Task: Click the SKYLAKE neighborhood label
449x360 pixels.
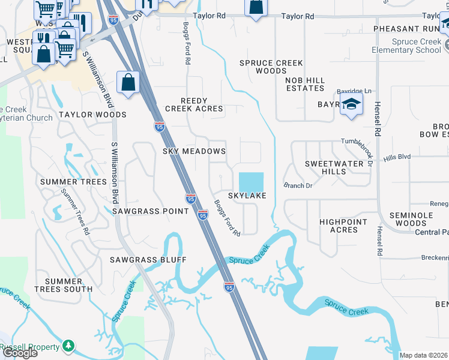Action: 246,196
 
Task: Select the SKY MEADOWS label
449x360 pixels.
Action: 194,151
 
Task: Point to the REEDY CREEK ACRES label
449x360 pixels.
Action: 194,105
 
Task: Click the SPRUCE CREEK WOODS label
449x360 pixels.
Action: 271,67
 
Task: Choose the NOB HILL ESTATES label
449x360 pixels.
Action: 305,84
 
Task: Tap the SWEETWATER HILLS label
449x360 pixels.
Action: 334,167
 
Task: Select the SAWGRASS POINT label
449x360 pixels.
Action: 151,211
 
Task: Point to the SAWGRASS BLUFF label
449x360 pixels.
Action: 148,260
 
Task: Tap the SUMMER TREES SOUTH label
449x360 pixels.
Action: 68,285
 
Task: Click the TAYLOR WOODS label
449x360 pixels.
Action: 92,115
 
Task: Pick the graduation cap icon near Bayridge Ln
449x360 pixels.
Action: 351,103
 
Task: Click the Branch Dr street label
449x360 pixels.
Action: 298,186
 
